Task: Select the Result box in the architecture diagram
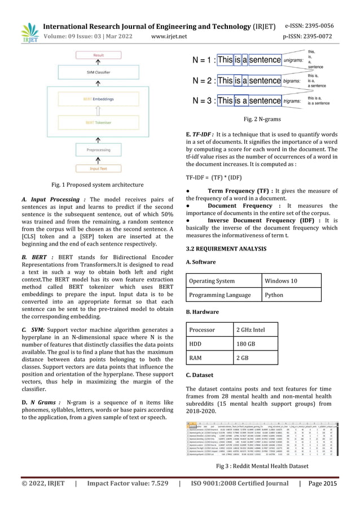point(98,55)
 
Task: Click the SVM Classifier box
point(98,72)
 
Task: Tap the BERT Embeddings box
point(98,99)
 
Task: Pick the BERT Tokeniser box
point(98,122)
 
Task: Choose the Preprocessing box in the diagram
point(98,151)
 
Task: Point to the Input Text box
point(98,168)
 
